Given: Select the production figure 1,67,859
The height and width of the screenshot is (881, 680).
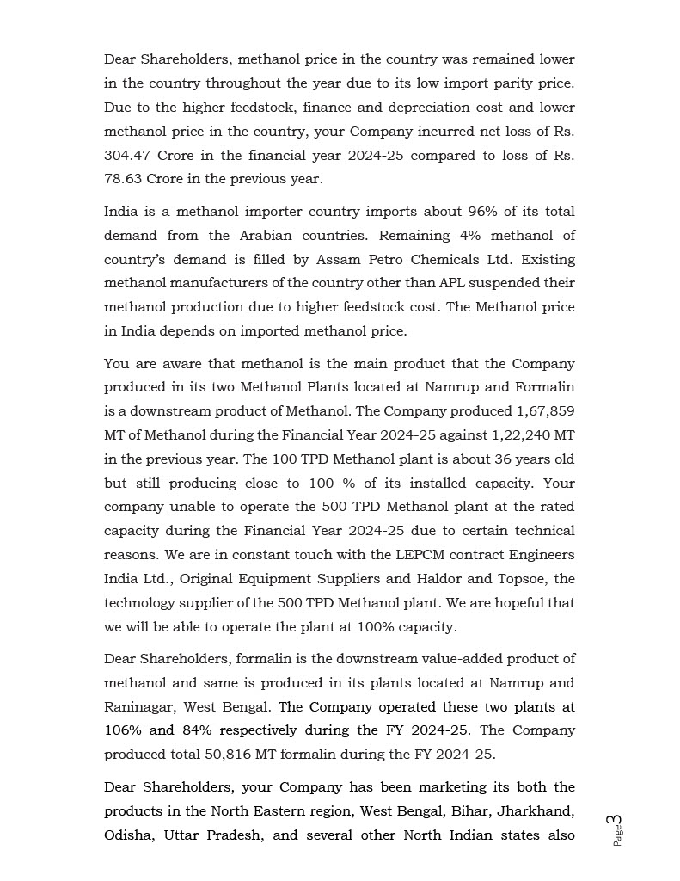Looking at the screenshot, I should pos(545,411).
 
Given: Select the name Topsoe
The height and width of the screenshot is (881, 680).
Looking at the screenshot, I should pos(531,579).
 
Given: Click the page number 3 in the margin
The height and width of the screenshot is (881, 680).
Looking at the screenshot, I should pos(618,822).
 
